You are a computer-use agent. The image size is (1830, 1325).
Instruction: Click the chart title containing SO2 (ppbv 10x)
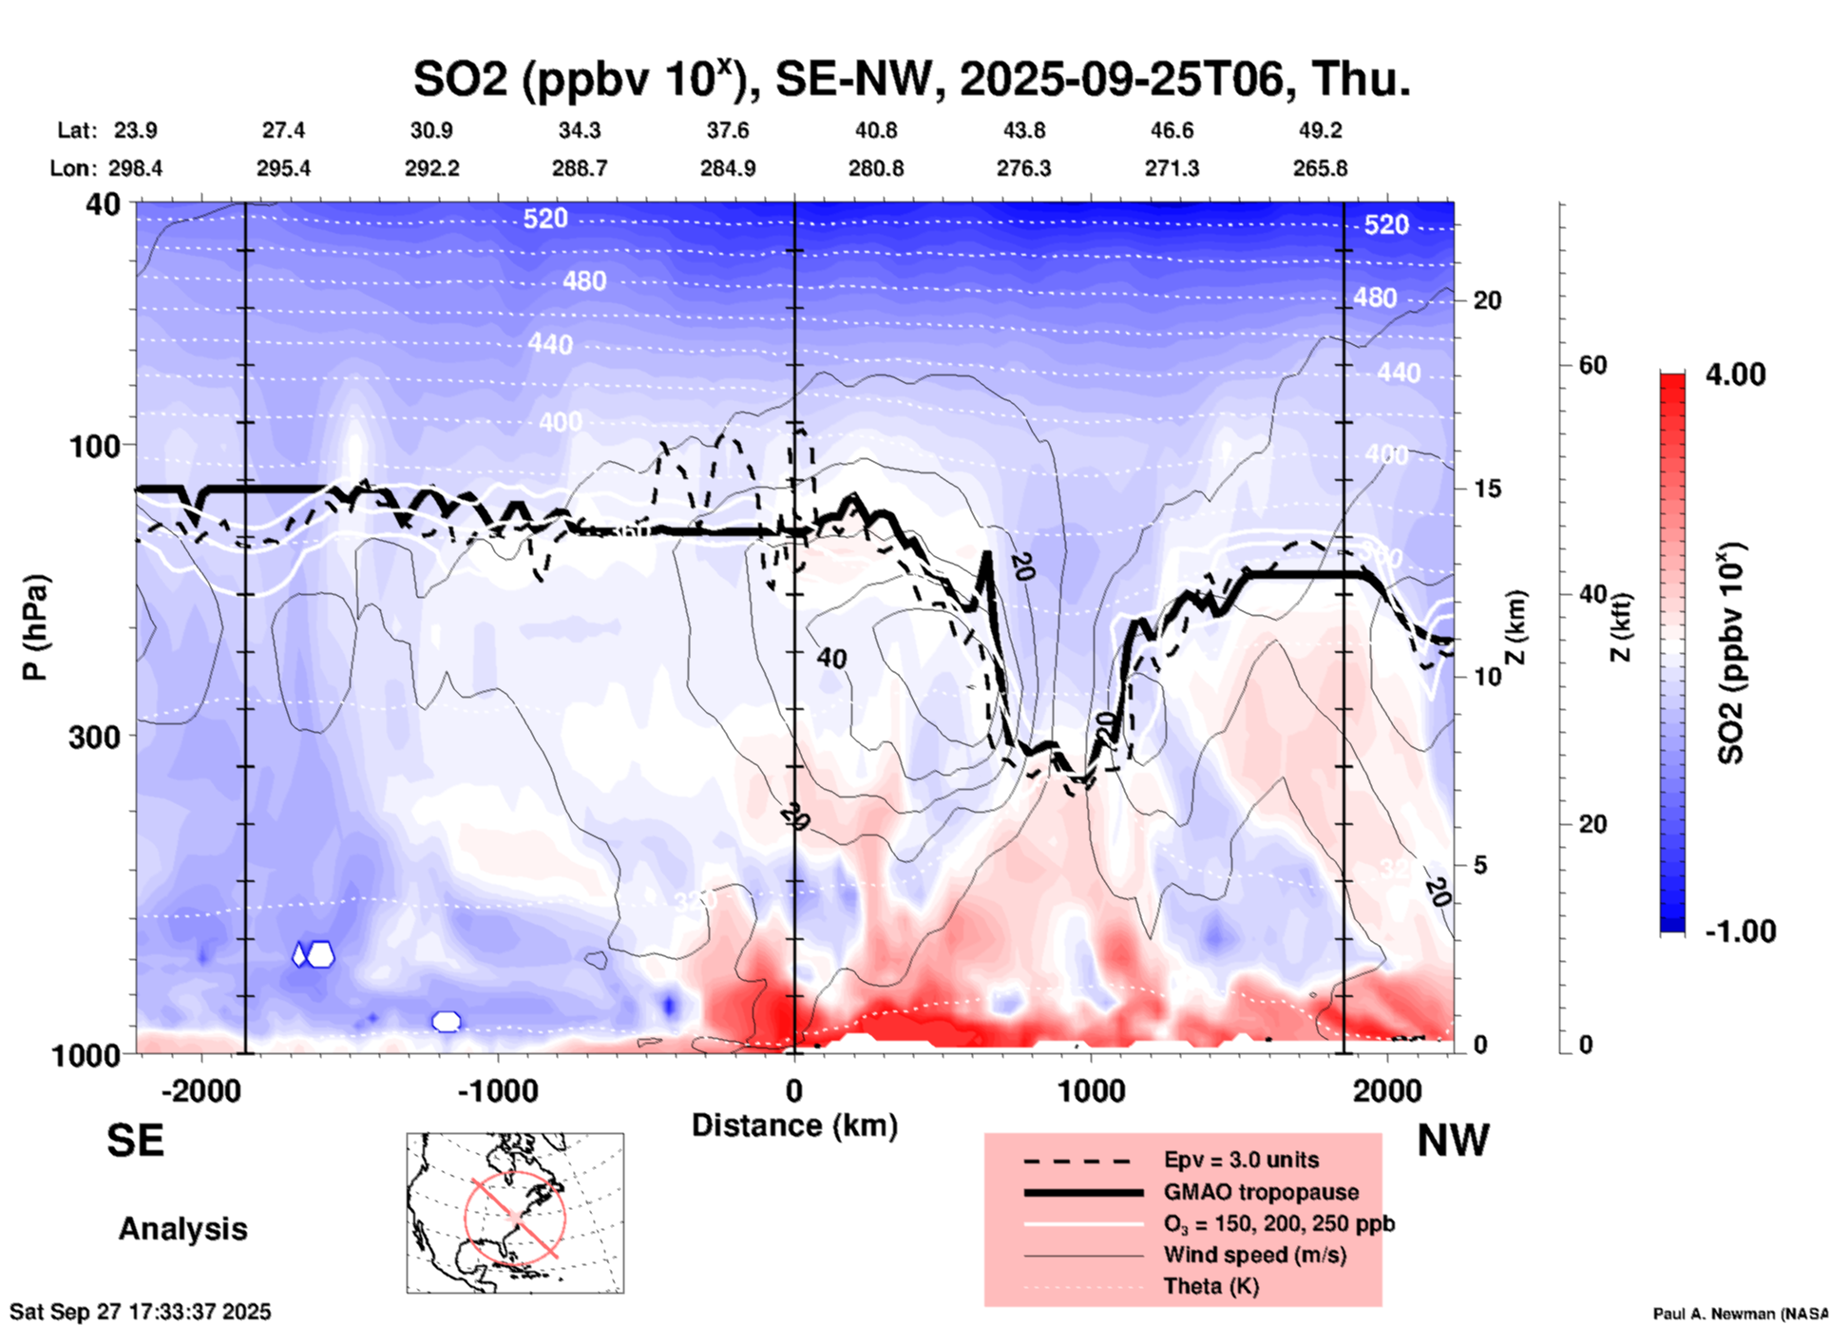pyautogui.click(x=912, y=78)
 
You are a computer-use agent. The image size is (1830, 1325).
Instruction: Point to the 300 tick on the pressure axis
pyautogui.click(x=94, y=737)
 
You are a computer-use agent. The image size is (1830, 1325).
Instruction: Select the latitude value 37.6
pyautogui.click(x=727, y=130)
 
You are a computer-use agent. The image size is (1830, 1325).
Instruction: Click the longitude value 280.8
pyautogui.click(x=876, y=168)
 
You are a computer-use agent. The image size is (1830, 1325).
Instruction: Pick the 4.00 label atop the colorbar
pyautogui.click(x=1735, y=374)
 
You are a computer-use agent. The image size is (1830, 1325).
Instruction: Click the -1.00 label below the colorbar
pyautogui.click(x=1740, y=931)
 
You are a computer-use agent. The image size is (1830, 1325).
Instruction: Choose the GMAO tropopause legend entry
pyautogui.click(x=1261, y=1192)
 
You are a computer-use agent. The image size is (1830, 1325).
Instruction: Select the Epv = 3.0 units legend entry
pyautogui.click(x=1241, y=1160)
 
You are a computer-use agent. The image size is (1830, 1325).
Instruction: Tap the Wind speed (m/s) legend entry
pyautogui.click(x=1254, y=1255)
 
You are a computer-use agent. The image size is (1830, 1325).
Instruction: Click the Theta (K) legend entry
pyautogui.click(x=1210, y=1286)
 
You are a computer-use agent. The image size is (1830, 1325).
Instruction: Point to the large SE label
pyautogui.click(x=135, y=1141)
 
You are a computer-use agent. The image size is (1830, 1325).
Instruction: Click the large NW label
pyautogui.click(x=1453, y=1141)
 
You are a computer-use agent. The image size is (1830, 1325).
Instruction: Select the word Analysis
pyautogui.click(x=182, y=1229)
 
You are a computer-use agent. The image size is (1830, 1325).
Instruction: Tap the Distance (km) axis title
pyautogui.click(x=794, y=1125)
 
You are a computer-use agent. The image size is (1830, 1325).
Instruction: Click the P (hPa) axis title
pyautogui.click(x=35, y=627)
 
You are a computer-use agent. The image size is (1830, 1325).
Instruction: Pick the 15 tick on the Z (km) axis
pyautogui.click(x=1486, y=489)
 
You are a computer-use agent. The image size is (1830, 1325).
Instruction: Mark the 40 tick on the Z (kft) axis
pyautogui.click(x=1592, y=595)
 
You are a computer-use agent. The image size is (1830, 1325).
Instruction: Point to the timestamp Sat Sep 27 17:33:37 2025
pyautogui.click(x=141, y=1312)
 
